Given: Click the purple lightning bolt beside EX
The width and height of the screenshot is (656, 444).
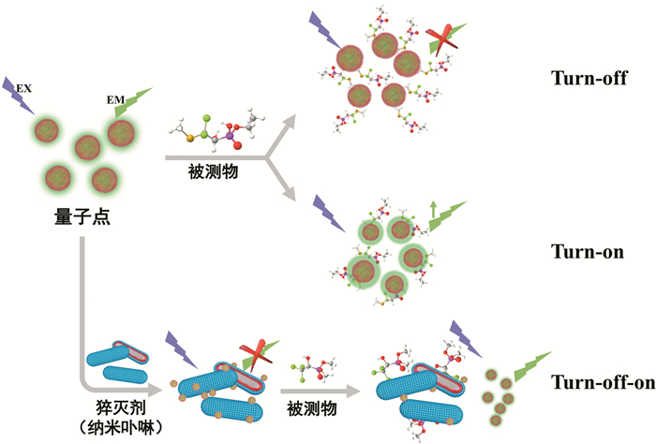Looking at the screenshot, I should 16,94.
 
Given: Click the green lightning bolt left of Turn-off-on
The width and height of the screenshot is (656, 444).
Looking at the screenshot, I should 528,360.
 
